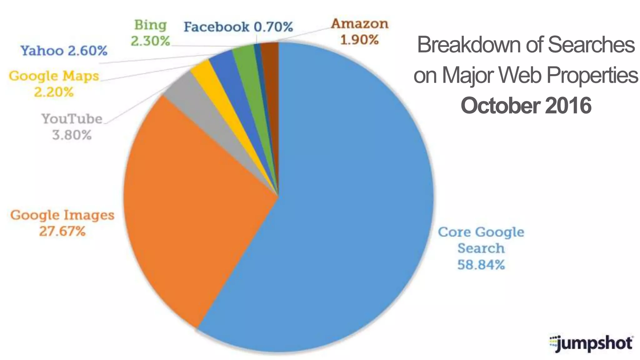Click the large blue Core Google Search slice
click(344, 203)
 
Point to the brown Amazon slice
click(270, 59)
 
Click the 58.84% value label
click(481, 265)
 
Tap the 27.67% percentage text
click(62, 232)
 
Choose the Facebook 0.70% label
click(238, 27)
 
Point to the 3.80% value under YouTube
click(72, 135)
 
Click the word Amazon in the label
click(359, 24)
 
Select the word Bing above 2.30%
click(150, 25)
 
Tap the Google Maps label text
click(54, 76)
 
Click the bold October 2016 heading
click(526, 106)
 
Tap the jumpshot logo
click(591, 343)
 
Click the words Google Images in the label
click(62, 215)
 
